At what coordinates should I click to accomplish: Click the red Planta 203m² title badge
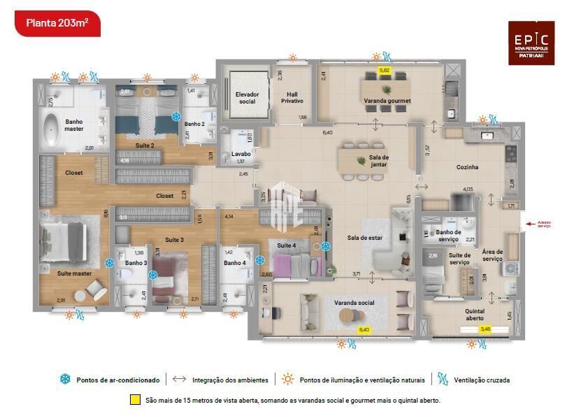(57, 22)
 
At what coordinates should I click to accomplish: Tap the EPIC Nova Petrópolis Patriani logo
(531, 43)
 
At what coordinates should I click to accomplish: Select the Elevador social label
(247, 97)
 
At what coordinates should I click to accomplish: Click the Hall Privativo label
(292, 97)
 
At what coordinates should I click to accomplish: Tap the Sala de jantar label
(379, 160)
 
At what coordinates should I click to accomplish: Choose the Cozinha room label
(467, 167)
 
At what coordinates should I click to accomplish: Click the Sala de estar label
(365, 238)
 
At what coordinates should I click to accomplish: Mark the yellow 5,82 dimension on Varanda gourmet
(385, 71)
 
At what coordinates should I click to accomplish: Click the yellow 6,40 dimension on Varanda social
(364, 328)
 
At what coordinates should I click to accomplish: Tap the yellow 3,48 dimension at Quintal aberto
(485, 328)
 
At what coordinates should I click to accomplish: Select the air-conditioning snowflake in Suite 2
(176, 116)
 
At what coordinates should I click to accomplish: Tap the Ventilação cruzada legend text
(482, 380)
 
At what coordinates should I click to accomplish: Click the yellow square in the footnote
(135, 401)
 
